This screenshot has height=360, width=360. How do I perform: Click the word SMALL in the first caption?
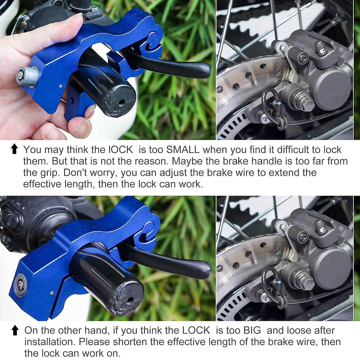point(183,149)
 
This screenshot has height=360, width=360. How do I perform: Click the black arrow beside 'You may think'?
point(14,149)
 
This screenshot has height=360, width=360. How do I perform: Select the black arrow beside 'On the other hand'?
point(15,330)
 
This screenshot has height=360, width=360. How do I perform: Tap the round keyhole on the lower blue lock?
point(20,284)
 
